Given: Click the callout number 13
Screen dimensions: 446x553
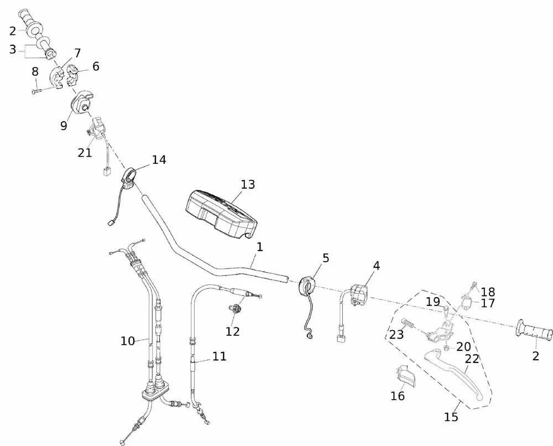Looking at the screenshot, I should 248,184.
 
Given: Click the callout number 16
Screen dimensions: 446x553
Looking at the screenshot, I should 397,396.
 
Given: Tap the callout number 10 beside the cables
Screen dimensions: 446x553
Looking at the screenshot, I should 128,341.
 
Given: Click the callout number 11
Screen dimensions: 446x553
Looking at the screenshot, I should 220,356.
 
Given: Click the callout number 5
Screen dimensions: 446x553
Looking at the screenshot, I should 326,258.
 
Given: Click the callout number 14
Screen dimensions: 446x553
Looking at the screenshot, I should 159,160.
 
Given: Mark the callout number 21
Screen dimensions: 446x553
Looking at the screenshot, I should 85,153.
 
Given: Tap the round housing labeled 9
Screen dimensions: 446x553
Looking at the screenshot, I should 82,103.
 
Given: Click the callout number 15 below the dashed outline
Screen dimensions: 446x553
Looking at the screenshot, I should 451,417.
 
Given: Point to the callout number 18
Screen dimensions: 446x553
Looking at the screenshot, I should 488,292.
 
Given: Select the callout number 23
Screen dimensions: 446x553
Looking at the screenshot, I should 397,334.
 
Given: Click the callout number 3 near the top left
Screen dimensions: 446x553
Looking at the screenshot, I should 13,50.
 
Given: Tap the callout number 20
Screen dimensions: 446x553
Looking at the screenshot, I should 463,347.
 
